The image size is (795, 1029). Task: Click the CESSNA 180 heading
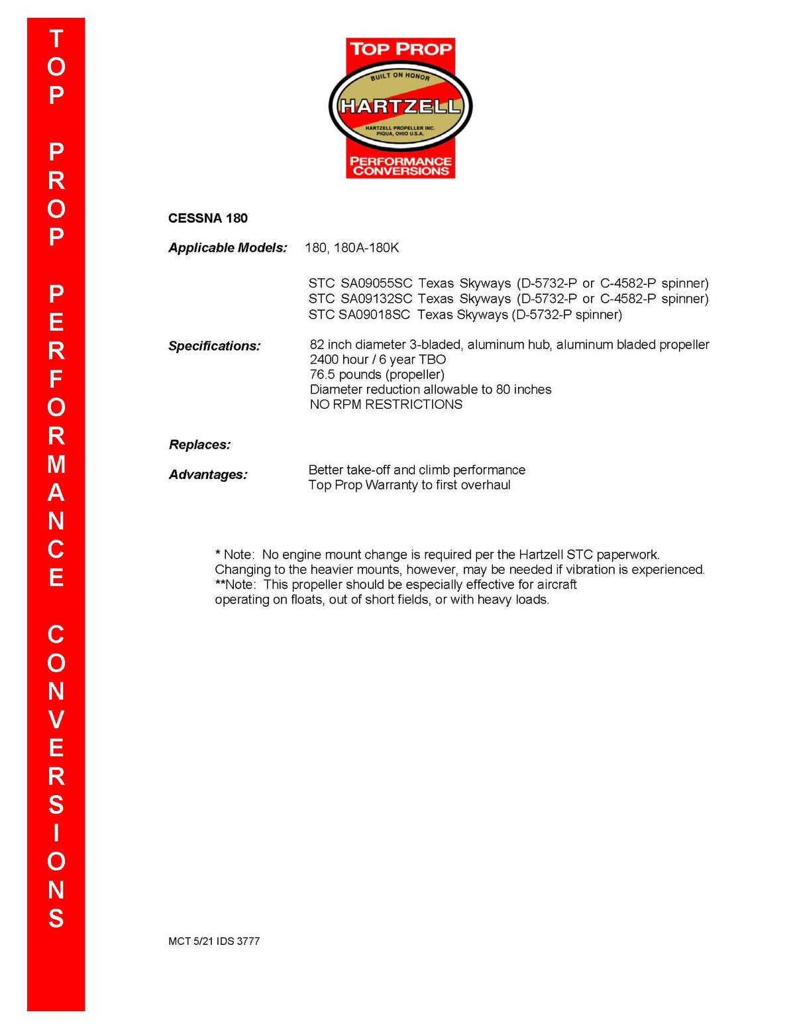click(207, 218)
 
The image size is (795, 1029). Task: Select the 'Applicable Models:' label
click(227, 248)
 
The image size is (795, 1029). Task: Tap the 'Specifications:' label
click(214, 346)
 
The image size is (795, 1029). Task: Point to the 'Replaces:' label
click(199, 445)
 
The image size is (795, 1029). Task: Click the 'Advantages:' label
click(207, 474)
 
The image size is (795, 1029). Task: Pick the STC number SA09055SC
click(376, 284)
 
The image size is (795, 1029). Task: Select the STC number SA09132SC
click(376, 299)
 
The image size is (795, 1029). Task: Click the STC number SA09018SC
click(374, 315)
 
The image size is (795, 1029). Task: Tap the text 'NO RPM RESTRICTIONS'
click(386, 404)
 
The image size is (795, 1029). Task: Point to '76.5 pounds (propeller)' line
click(376, 374)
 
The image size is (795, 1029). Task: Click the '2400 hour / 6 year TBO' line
click(378, 359)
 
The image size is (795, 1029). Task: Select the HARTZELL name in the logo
click(399, 106)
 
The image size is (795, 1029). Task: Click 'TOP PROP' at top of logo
click(400, 49)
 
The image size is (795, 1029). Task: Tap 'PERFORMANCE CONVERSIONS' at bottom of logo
click(400, 166)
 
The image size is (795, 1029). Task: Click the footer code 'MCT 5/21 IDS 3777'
click(213, 941)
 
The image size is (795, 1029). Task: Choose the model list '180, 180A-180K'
click(352, 248)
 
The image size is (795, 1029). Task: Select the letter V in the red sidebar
click(56, 720)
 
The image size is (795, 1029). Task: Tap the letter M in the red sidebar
click(56, 464)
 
